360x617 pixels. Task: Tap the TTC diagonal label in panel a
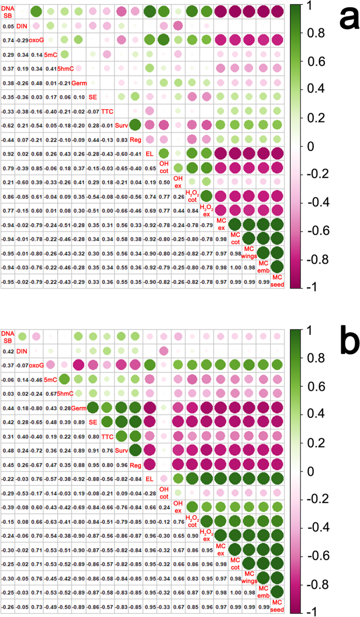pos(107,111)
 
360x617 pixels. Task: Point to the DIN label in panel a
pos(22,26)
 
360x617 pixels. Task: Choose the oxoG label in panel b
pos(36,364)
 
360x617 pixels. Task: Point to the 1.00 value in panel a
pos(235,267)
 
